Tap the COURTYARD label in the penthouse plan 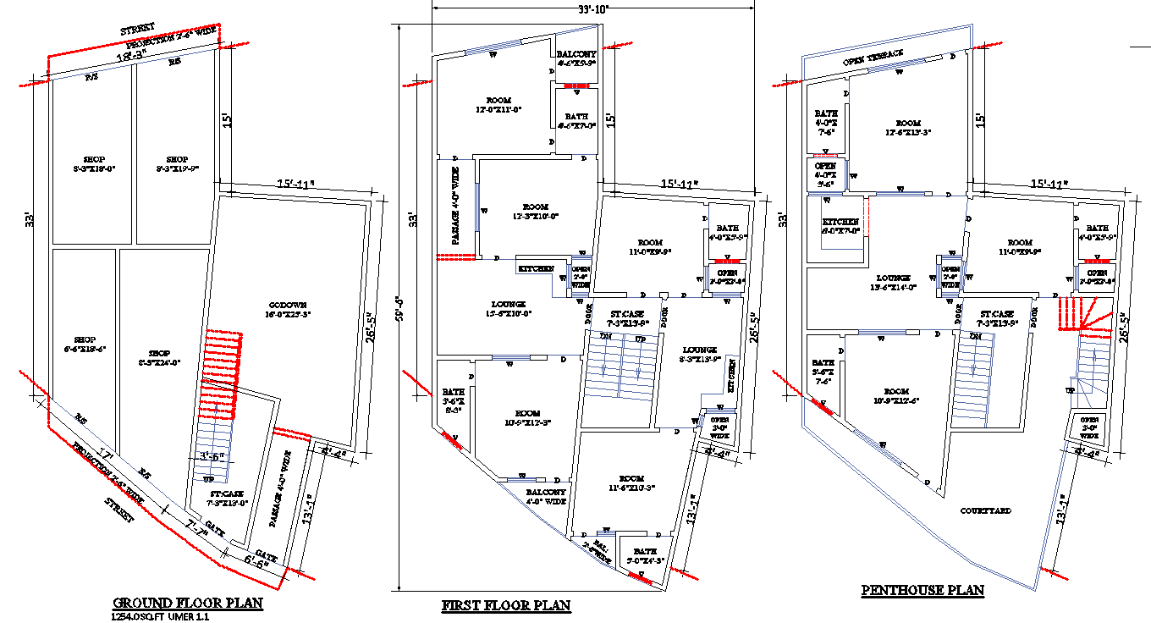[x=985, y=510]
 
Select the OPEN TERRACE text [x=873, y=58]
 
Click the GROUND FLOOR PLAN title [x=188, y=604]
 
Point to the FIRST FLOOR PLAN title [x=506, y=605]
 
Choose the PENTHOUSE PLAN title [x=922, y=590]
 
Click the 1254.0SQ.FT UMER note [x=161, y=617]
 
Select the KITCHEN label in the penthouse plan [x=840, y=225]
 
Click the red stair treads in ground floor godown [x=222, y=372]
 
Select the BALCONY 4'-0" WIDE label [x=546, y=496]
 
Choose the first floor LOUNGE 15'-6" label [x=509, y=309]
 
